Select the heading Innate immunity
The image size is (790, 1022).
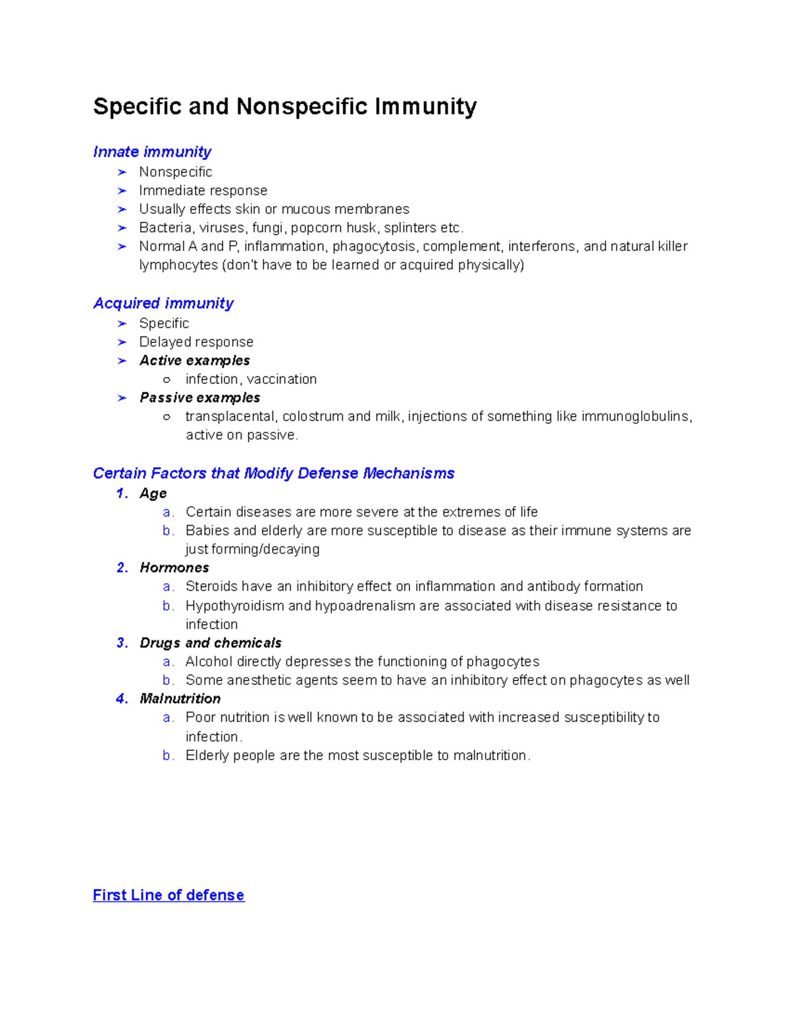click(x=152, y=152)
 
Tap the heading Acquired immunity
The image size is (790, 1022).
click(x=163, y=303)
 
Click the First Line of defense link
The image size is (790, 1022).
click(x=169, y=895)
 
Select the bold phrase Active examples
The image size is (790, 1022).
click(x=195, y=361)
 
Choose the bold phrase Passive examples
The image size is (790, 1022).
click(x=200, y=398)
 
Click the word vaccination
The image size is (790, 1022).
click(x=282, y=380)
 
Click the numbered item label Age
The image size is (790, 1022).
click(x=153, y=494)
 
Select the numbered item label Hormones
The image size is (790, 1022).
click(x=174, y=568)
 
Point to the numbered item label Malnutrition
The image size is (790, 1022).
click(x=180, y=699)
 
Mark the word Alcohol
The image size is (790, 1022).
click(x=209, y=662)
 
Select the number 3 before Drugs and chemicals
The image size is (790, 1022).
click(x=122, y=643)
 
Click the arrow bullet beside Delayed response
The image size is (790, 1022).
click(x=122, y=342)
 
